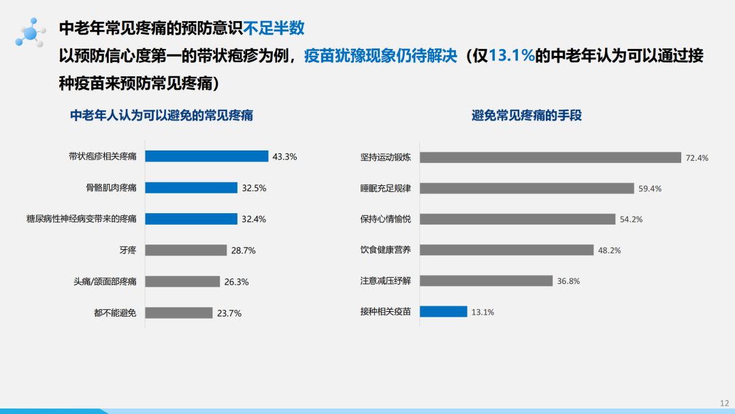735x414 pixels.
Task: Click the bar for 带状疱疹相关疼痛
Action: coord(207,157)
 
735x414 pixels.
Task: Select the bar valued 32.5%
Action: coord(191,188)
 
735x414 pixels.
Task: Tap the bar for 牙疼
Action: coord(186,251)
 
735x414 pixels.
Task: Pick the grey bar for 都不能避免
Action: coord(179,313)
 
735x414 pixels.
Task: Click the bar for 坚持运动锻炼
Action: coord(550,157)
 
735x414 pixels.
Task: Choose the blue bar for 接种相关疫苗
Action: coord(443,312)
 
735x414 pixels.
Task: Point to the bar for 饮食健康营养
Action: coord(506,250)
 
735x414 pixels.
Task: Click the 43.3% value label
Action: coord(284,157)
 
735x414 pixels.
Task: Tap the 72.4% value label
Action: coord(697,158)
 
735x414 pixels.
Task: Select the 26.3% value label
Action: coord(236,282)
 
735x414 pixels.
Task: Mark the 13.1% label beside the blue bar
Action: coord(483,313)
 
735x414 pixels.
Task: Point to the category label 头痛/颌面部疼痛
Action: coord(105,282)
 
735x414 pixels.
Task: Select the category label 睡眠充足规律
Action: coord(385,189)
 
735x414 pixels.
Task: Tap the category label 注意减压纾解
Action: coord(385,281)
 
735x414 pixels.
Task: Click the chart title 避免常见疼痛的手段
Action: coord(526,115)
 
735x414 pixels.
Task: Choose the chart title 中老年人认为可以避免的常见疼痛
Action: coord(162,115)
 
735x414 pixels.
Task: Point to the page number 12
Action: coord(723,402)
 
